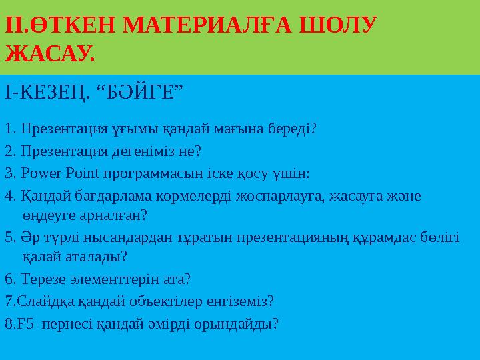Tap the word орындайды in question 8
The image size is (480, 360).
241,325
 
